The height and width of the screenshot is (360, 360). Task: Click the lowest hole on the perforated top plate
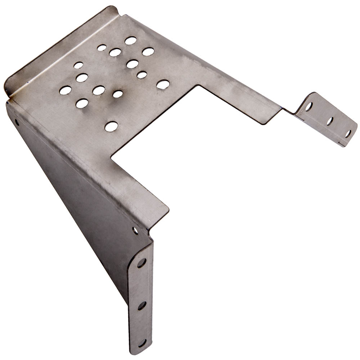click(x=111, y=126)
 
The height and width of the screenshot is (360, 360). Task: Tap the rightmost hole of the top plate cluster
click(x=163, y=84)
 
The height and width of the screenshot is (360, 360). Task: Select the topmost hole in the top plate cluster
click(x=131, y=40)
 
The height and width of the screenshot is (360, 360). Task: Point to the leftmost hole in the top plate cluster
click(x=65, y=90)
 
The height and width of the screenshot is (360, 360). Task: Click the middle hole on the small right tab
click(x=330, y=121)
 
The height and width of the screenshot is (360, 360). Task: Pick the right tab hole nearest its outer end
click(x=348, y=134)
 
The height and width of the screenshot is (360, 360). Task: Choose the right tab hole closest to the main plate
click(x=309, y=107)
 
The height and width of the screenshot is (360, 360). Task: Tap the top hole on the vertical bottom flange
click(x=141, y=263)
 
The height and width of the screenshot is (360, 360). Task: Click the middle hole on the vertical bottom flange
click(x=142, y=306)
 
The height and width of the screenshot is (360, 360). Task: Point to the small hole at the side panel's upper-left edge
click(x=17, y=122)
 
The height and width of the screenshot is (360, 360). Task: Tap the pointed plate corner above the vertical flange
click(x=168, y=208)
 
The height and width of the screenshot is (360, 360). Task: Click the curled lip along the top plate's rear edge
click(x=58, y=47)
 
